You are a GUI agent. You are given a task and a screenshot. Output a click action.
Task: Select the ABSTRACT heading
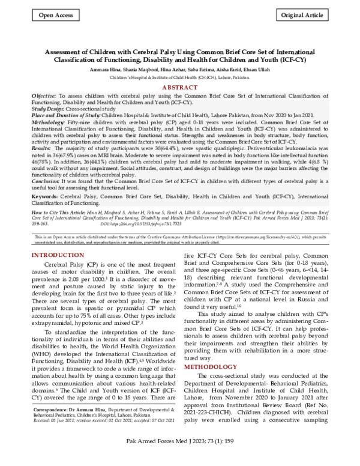pos(180,87)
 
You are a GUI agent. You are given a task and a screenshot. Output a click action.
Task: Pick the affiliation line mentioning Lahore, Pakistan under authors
pos(180,77)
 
